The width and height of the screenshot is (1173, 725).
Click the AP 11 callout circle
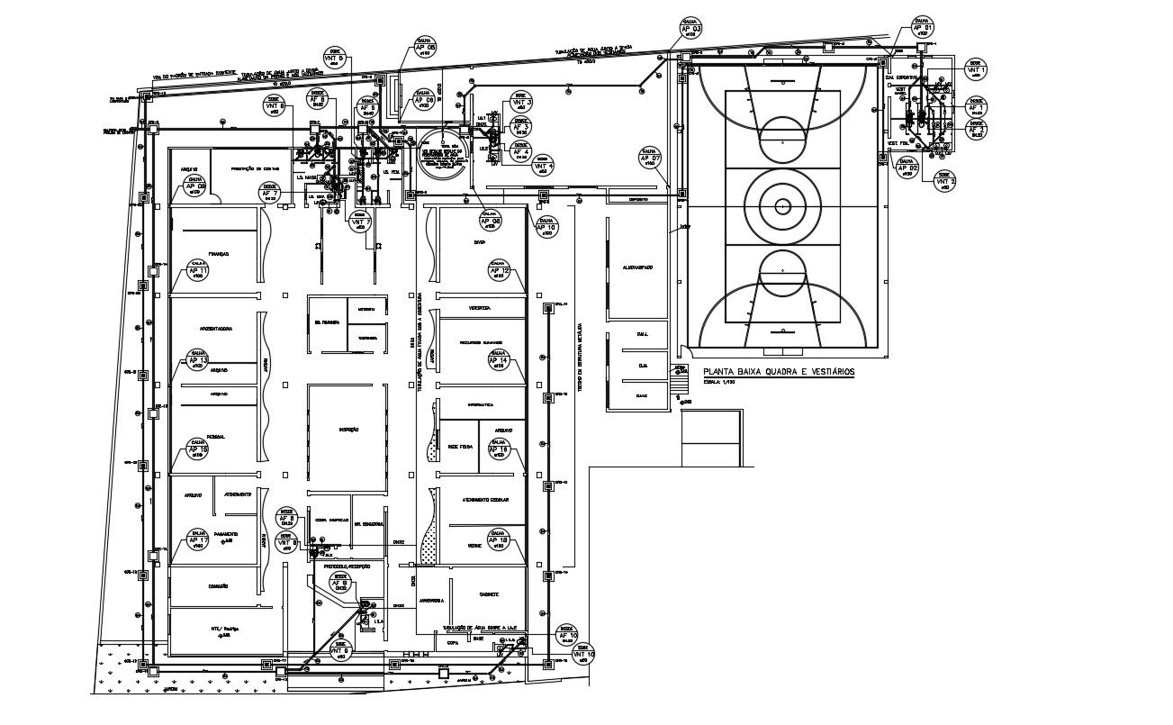(x=198, y=271)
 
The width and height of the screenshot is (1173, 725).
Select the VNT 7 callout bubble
(x=360, y=222)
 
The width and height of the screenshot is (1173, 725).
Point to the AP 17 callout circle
(x=199, y=540)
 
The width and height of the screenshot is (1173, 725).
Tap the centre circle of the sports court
(x=781, y=206)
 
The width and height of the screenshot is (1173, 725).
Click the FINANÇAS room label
(x=219, y=255)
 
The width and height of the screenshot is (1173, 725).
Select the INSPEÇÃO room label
(x=349, y=430)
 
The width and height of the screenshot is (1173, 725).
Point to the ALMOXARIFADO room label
(x=636, y=268)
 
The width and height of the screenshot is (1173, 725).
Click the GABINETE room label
(x=489, y=595)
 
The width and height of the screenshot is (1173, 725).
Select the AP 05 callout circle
(x=426, y=48)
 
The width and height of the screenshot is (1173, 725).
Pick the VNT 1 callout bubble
(x=977, y=70)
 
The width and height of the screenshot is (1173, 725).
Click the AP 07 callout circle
(x=650, y=159)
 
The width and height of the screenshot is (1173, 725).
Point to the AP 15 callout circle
(x=198, y=449)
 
